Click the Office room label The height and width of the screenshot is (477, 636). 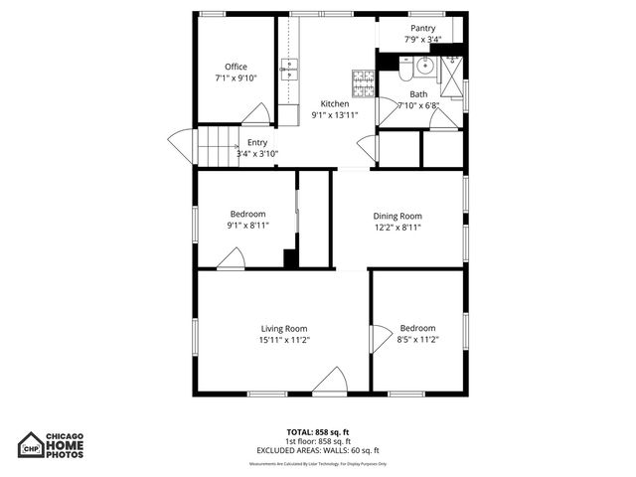(x=236, y=67)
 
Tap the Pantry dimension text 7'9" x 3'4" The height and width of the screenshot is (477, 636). (x=422, y=41)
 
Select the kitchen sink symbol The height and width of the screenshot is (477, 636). (x=290, y=69)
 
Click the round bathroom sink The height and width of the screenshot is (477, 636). (x=425, y=67)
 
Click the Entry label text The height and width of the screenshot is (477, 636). (x=256, y=142)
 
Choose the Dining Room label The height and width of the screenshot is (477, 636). (x=397, y=216)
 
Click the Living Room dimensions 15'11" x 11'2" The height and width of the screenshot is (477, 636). (x=283, y=340)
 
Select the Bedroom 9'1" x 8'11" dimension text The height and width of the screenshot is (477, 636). (x=247, y=226)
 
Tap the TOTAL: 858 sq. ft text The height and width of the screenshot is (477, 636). (x=318, y=432)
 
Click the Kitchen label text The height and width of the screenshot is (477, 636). (x=334, y=103)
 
